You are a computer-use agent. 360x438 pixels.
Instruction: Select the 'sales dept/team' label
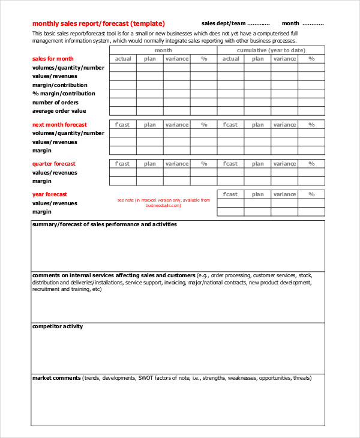[x=223, y=23]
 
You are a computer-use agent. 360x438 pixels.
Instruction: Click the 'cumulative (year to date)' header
[x=271, y=50]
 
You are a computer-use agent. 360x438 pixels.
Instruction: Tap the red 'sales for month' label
[x=53, y=59]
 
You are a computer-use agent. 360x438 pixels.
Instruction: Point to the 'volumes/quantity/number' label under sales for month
[x=68, y=68]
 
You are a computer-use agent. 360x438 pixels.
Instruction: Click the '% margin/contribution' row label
[x=64, y=94]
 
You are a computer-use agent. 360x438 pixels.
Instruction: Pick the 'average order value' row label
[x=59, y=111]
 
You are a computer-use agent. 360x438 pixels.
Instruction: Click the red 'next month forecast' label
[x=59, y=125]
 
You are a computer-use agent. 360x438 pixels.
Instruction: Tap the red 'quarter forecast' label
[x=54, y=164]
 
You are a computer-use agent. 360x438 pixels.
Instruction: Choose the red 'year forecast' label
[x=50, y=194]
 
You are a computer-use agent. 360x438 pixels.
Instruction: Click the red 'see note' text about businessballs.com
[x=164, y=202]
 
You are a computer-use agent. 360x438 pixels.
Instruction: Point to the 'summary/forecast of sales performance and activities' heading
[x=104, y=224]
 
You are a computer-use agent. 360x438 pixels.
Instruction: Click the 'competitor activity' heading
[x=58, y=326]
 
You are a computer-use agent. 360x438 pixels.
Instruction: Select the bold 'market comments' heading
[x=56, y=378]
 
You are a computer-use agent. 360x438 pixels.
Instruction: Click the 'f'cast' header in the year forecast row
[x=230, y=194]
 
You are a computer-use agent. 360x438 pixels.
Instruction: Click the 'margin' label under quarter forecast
[x=41, y=181]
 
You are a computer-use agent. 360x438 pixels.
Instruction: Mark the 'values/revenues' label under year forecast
[x=55, y=203]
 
